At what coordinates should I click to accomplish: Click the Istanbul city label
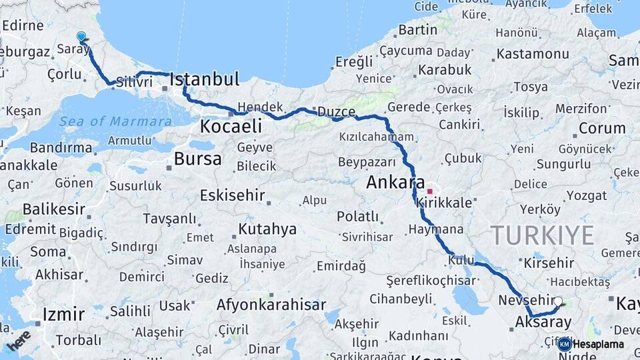[x=204, y=80]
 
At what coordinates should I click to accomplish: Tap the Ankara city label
[x=395, y=182]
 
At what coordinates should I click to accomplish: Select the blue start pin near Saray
[x=81, y=37]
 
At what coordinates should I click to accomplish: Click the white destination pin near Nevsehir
[x=558, y=301]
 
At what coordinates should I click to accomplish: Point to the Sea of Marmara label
[x=115, y=121]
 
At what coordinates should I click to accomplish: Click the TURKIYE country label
[x=542, y=235]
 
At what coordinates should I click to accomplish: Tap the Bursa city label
[x=197, y=159]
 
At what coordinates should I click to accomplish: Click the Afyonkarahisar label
[x=271, y=305]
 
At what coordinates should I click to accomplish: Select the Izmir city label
[x=63, y=314]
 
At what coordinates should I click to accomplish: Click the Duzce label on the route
[x=336, y=111]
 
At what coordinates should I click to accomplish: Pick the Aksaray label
[x=543, y=323]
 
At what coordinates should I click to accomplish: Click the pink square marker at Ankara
[x=430, y=191]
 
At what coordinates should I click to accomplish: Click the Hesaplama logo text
[x=598, y=344]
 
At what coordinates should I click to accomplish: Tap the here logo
[x=19, y=339]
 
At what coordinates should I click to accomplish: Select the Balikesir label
[x=54, y=209]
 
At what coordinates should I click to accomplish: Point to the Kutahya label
[x=267, y=229]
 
